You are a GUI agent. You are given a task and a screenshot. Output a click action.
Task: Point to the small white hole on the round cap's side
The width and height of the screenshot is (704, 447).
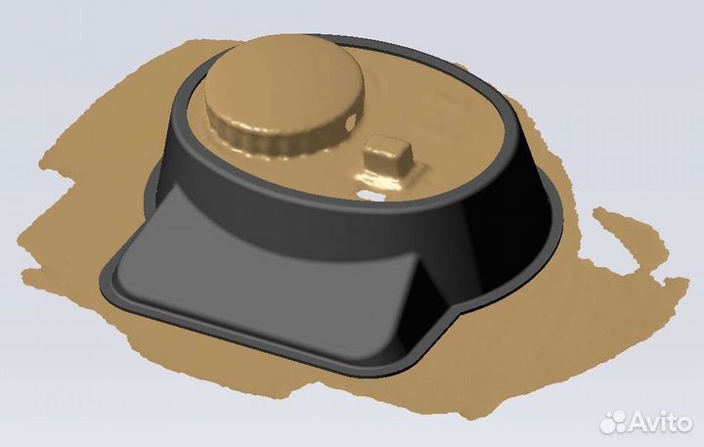351,121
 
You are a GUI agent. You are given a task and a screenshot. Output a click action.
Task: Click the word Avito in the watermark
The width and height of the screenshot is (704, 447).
660,423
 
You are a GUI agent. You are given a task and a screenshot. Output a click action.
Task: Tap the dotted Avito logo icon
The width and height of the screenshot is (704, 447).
613,423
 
